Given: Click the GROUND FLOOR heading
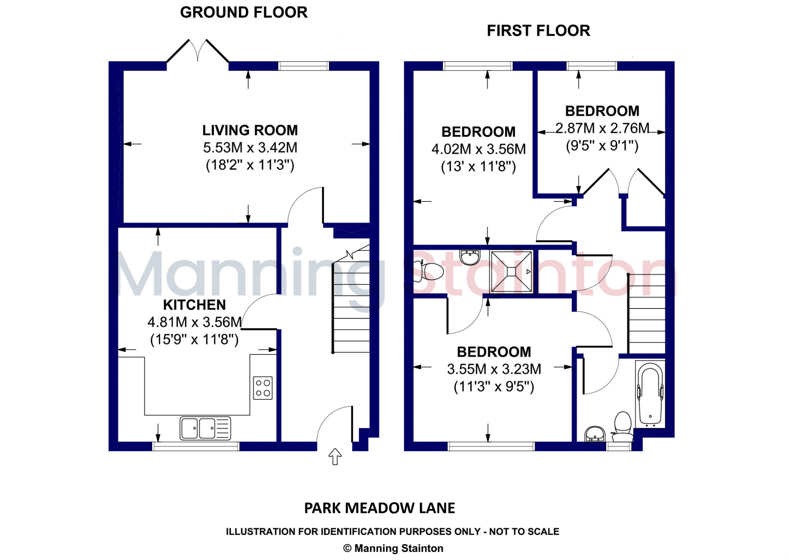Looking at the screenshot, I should pos(243,12).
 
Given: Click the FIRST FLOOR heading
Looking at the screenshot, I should pos(538,31).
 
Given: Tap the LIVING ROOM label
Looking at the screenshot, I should pos(250,130).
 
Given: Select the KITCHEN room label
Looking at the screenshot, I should pos(194,305).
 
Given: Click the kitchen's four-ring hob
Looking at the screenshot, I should pos(263,388).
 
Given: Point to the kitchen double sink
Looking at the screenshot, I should pos(205,428).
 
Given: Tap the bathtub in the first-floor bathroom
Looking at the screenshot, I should pos(650,395).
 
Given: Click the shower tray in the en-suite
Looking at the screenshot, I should pos(511,272).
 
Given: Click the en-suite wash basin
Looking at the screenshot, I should pos(470,257).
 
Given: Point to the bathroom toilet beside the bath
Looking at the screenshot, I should pos(622,427).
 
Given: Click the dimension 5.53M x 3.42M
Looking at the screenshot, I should pos(250,148).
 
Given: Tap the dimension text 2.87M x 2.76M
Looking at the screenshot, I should pos(602,128).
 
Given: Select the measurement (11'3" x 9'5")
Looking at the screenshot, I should pos(494,386).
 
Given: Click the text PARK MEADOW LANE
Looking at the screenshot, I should pos(379,508).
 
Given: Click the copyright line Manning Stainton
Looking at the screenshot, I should pos(393,548).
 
